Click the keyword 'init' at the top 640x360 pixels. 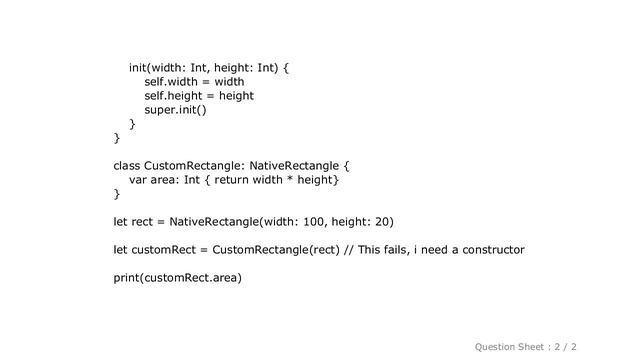pos(140,68)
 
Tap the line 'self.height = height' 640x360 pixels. pos(199,96)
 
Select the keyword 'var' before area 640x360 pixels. pos(140,179)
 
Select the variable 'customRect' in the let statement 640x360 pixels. pos(166,248)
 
